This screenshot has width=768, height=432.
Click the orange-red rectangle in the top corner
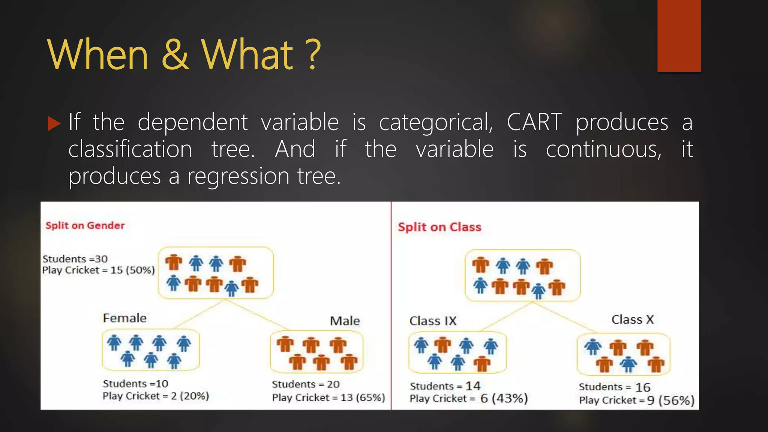(679, 36)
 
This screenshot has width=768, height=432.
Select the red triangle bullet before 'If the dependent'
(54, 123)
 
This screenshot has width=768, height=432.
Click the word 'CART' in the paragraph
(534, 122)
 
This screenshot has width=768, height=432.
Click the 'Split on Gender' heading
(85, 225)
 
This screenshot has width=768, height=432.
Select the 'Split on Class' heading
(439, 227)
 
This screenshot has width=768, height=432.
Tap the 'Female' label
(124, 318)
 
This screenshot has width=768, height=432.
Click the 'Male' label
(345, 321)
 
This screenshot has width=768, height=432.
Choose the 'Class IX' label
(433, 321)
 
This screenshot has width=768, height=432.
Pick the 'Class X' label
(632, 319)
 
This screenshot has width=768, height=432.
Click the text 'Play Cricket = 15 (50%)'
(98, 270)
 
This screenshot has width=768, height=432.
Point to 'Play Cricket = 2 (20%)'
(156, 396)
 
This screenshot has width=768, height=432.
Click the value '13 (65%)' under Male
(363, 397)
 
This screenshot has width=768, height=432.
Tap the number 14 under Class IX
(473, 386)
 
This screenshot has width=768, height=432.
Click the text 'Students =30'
(75, 259)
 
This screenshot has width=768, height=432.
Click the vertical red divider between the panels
(391, 306)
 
